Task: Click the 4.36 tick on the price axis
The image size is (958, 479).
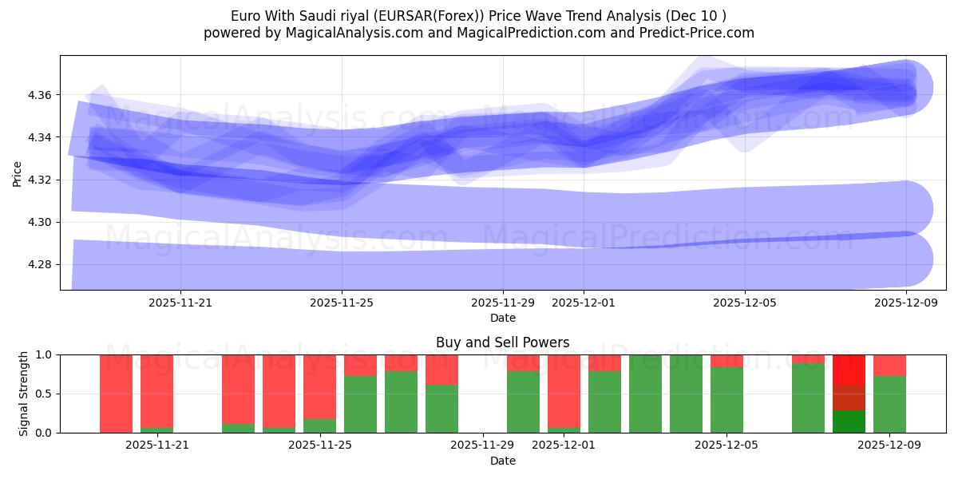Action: (x=39, y=95)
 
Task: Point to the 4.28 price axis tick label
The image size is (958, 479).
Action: (x=39, y=264)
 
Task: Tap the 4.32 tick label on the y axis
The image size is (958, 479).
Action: (x=39, y=180)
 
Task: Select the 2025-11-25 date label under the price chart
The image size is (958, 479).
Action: (x=342, y=303)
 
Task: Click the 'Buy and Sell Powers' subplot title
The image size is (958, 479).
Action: (x=502, y=342)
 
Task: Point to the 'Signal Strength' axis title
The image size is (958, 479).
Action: (x=24, y=393)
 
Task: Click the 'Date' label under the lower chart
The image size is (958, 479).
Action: (x=502, y=461)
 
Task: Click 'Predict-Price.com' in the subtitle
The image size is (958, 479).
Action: (x=696, y=33)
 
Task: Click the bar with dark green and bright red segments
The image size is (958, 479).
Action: (x=849, y=394)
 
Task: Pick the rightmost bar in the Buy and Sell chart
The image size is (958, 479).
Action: (x=889, y=394)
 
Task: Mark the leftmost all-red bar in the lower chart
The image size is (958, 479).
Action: (x=116, y=394)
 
